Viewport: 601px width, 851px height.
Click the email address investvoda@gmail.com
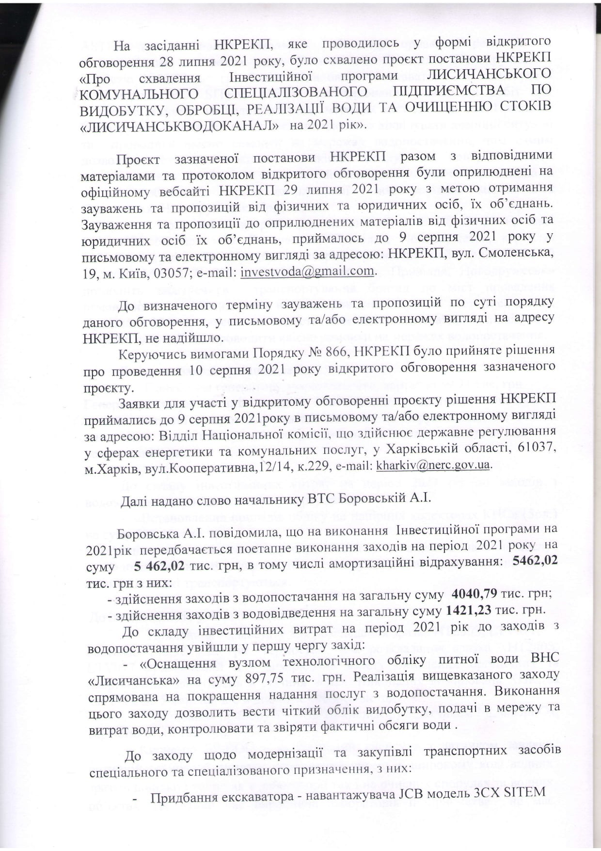(x=307, y=272)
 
